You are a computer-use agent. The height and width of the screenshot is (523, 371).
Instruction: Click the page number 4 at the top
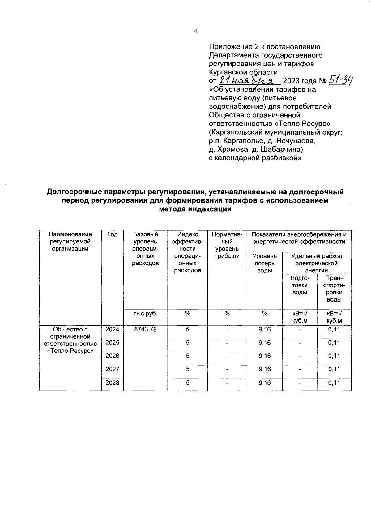coord(195,31)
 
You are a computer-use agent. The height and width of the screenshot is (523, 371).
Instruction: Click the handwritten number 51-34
coord(341,81)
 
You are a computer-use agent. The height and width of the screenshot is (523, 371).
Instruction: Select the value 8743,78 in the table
coord(145,330)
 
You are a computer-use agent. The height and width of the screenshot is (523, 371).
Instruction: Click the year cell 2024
coord(112,330)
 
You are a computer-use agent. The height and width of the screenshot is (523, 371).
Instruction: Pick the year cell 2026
coord(112,356)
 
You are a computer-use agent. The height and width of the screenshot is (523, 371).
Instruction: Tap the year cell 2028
coord(112,383)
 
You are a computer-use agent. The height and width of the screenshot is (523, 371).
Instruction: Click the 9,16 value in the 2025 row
coord(264,343)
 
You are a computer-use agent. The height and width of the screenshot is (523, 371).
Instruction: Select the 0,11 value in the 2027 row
coord(334,369)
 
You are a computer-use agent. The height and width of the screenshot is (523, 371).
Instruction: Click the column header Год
coord(112,235)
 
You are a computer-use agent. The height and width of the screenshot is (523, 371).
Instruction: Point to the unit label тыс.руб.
coord(145,314)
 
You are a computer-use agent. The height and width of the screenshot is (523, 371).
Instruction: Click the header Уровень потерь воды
coord(264,263)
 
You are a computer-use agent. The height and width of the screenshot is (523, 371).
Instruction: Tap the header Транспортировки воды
coord(334,289)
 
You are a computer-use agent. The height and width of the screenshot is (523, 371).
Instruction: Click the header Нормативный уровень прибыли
coord(227,245)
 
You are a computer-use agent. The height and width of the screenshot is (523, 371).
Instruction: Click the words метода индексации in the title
coord(195,209)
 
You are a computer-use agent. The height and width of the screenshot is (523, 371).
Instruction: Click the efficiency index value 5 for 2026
coord(187,356)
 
